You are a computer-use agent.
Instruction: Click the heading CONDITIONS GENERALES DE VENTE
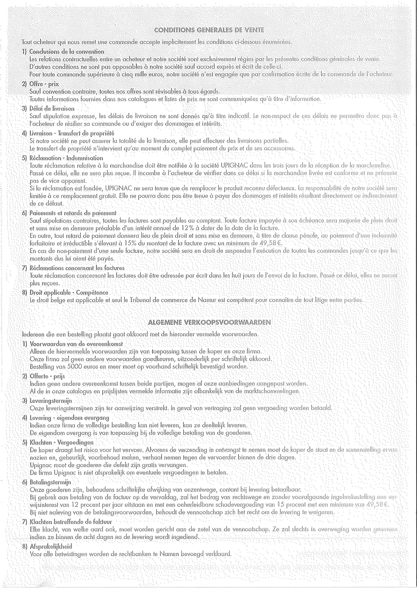coord(209,30)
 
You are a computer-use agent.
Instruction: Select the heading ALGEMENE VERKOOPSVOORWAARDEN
coord(209,322)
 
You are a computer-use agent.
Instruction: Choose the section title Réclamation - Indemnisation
coord(66,158)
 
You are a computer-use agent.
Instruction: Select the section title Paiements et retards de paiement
coord(73,213)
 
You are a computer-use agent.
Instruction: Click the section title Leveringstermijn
coord(51,401)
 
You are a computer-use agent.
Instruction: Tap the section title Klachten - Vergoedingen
coord(62,443)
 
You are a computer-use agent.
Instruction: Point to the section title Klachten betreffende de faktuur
coord(71,522)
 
